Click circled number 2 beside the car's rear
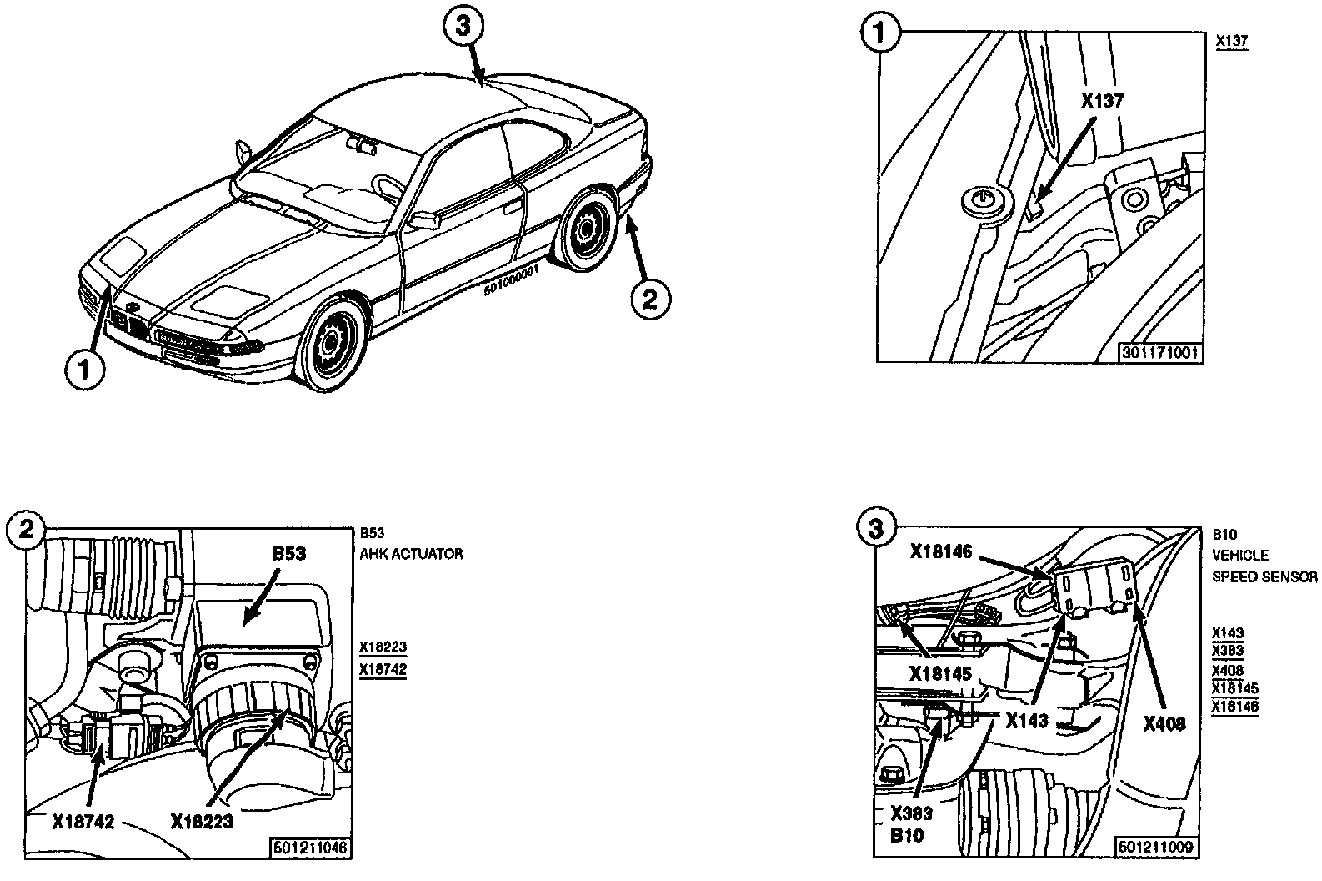[648, 298]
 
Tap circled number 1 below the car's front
[85, 369]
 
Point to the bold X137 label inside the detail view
[1102, 102]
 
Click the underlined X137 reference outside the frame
[1231, 40]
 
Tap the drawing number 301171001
[1160, 353]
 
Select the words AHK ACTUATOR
[411, 554]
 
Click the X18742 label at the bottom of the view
[83, 822]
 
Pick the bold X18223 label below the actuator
[202, 822]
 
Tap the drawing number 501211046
[309, 848]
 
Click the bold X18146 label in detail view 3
[942, 551]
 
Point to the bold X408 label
[1164, 724]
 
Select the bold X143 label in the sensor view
[1027, 721]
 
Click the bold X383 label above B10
[911, 813]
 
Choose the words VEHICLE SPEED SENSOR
[1264, 566]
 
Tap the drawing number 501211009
[1157, 848]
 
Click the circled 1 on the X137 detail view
[879, 37]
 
